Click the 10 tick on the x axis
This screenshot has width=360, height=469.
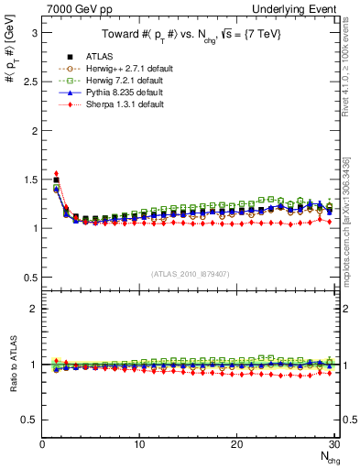pyautogui.click(x=139, y=444)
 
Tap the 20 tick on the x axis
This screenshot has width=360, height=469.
pyautogui.click(x=236, y=444)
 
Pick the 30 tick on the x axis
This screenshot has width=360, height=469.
pyautogui.click(x=333, y=444)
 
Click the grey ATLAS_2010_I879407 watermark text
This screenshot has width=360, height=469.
pyautogui.click(x=189, y=272)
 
